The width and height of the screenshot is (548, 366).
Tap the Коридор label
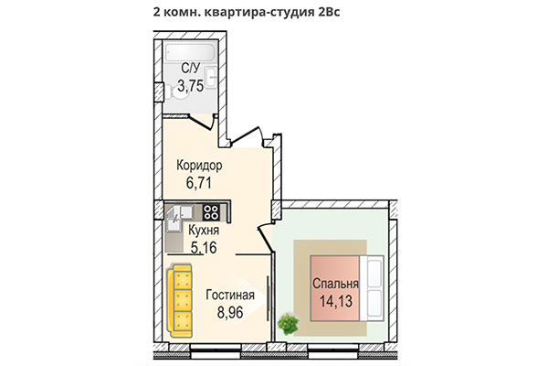click(199, 167)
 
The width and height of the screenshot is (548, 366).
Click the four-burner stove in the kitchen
click(211, 212)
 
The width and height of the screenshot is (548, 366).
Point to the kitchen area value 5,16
click(204, 247)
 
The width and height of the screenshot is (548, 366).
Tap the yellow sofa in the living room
click(183, 299)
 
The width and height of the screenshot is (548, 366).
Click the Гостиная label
click(229, 295)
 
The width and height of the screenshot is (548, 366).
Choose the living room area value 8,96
click(229, 312)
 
